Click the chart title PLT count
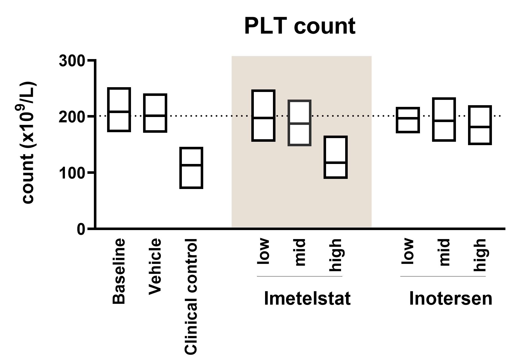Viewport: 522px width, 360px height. [x=300, y=26]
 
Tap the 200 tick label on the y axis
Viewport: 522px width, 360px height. [x=72, y=117]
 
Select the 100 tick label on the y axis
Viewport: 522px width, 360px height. [x=72, y=173]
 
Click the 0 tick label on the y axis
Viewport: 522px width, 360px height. [x=81, y=229]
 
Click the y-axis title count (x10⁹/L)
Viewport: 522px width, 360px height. [x=29, y=143]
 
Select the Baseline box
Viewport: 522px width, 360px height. [x=119, y=110]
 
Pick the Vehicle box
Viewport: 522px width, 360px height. [x=155, y=113]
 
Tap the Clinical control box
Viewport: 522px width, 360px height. [x=191, y=168]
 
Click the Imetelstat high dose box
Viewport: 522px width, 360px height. [x=336, y=157]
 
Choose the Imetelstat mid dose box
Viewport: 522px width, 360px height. [x=300, y=123]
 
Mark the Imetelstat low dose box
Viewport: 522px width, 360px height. [x=263, y=116]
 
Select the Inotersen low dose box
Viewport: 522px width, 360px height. [x=408, y=120]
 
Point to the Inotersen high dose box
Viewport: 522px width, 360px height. [x=480, y=125]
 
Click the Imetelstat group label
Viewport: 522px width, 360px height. [x=307, y=298]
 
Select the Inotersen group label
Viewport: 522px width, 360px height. [x=451, y=298]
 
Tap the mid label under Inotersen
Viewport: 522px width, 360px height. [x=444, y=252]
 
